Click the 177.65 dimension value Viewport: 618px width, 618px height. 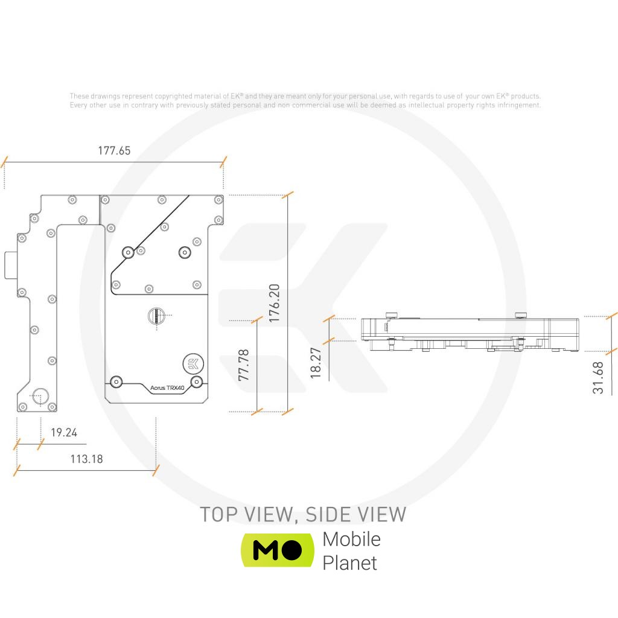[x=114, y=151]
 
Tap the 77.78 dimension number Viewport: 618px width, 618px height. [x=244, y=365]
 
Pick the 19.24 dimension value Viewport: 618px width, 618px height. [x=63, y=433]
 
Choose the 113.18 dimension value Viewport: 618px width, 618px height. [x=86, y=459]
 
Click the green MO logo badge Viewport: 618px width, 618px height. [x=277, y=550]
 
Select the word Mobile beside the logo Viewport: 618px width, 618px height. [x=351, y=538]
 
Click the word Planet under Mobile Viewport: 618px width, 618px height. [x=349, y=562]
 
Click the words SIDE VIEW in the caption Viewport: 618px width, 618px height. [x=355, y=514]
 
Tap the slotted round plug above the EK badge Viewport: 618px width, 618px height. [x=155, y=315]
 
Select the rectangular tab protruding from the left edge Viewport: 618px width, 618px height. [x=10, y=266]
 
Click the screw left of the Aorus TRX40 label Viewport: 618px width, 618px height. [x=116, y=381]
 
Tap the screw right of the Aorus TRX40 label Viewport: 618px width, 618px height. [x=196, y=382]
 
